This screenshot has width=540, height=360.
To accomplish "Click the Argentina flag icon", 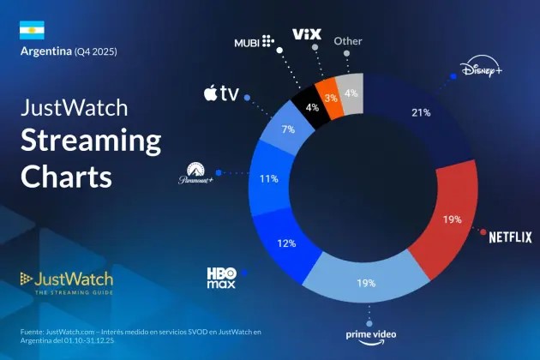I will tap(32, 30).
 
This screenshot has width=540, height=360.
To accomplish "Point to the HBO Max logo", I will tap(221, 276).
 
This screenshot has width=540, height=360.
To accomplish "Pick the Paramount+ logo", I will tap(195, 173).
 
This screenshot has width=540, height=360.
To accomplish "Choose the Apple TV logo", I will tap(220, 93).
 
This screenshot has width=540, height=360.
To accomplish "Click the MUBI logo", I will tap(255, 41).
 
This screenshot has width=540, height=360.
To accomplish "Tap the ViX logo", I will tap(306, 34).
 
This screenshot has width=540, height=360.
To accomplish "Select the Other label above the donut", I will tap(348, 40).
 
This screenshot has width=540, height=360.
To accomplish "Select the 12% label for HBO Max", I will tap(286, 243).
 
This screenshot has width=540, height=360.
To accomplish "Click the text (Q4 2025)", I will tap(94, 52).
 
